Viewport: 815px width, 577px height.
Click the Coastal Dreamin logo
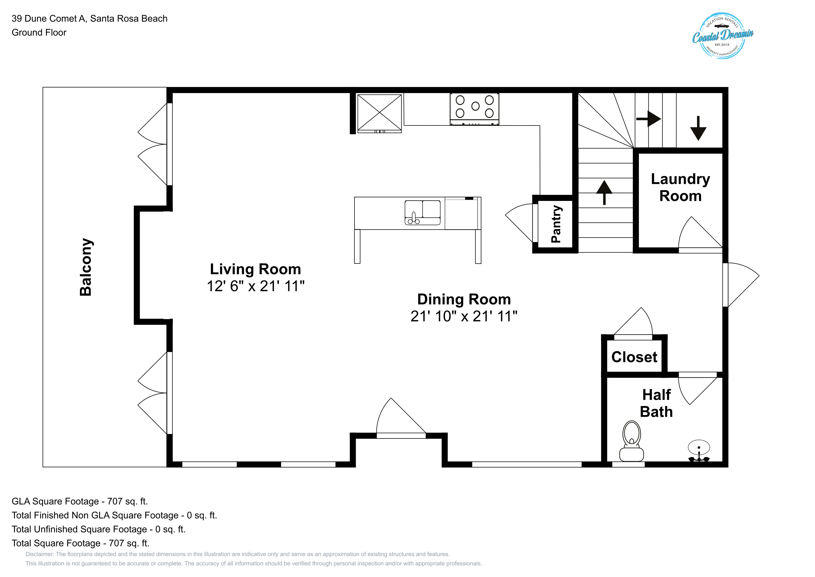[x=723, y=36]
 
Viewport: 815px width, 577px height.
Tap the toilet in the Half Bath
[x=631, y=441]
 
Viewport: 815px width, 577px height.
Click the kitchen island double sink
[x=422, y=213]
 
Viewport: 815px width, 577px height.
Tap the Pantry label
[x=556, y=224]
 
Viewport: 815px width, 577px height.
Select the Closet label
[x=634, y=357]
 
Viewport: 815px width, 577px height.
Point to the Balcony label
[x=86, y=267]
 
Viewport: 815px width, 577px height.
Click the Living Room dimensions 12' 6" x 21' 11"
[x=256, y=286]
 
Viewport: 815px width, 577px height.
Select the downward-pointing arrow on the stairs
[x=698, y=128]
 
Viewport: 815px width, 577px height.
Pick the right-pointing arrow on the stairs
[x=648, y=119]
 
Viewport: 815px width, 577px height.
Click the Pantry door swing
[x=519, y=223]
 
